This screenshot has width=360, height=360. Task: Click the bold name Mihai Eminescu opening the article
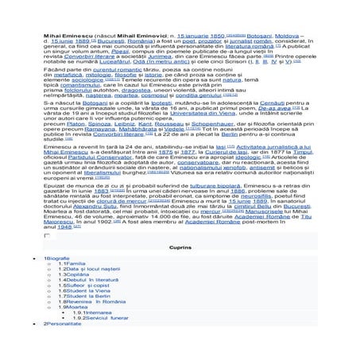tap(64, 37)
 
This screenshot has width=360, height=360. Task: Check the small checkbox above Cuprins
tap(47, 259)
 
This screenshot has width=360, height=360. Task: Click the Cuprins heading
tap(180, 270)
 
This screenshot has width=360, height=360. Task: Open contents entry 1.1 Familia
tap(76, 287)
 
